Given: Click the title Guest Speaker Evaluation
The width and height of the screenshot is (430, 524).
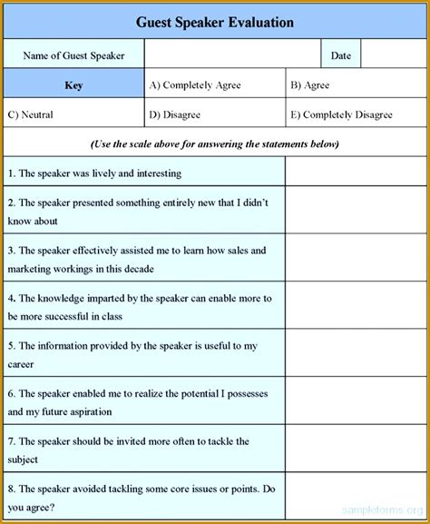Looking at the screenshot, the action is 215,21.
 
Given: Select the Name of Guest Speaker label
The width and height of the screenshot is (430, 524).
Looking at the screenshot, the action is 73,55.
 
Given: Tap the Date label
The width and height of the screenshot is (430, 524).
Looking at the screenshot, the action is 341,55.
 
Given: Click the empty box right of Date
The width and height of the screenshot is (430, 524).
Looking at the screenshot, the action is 392,55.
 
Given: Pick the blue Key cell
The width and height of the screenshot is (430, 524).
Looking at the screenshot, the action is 73,85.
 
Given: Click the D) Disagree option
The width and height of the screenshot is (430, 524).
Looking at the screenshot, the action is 175,114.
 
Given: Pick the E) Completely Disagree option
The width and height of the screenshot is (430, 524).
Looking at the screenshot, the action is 341,114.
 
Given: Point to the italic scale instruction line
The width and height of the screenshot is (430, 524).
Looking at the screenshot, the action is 215,143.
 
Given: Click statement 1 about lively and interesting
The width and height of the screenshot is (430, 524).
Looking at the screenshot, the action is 94,172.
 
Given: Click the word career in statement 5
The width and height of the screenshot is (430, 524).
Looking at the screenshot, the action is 21,364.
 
